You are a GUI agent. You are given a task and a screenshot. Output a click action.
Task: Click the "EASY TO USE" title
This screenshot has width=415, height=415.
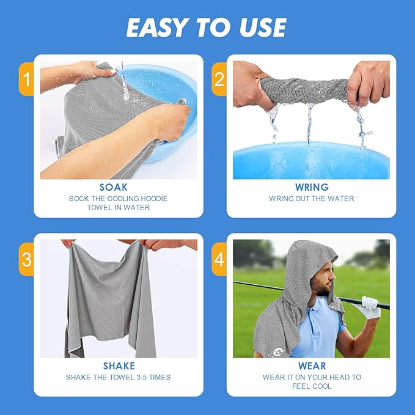207,27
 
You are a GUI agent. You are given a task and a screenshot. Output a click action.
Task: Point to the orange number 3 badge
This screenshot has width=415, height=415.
26,259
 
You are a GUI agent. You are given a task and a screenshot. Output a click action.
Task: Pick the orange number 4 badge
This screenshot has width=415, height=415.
218,259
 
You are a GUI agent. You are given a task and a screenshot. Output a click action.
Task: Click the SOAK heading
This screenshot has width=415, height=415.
119,188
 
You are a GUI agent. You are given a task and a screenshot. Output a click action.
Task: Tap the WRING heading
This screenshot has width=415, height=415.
311,188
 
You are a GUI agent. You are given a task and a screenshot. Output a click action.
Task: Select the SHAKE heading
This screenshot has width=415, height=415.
119,366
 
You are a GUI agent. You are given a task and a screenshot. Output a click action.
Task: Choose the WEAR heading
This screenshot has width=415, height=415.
311,366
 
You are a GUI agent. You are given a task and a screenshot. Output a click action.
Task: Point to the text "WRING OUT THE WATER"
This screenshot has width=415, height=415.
311,199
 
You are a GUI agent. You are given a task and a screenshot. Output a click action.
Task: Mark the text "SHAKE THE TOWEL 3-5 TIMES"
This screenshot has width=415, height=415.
119,377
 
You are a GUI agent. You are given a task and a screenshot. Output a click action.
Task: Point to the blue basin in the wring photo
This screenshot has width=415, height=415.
311,162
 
